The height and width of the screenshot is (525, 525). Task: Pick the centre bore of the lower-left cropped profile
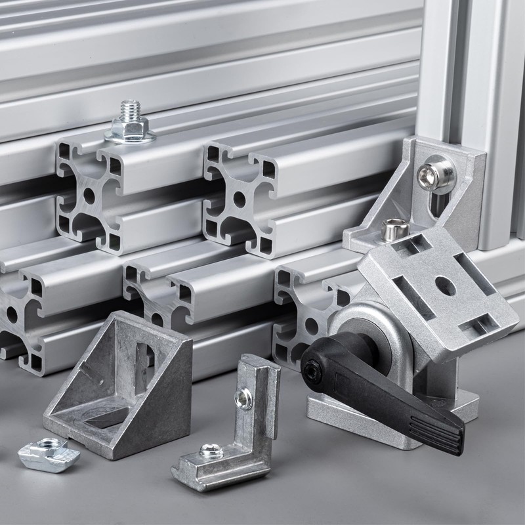point(11,314)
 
